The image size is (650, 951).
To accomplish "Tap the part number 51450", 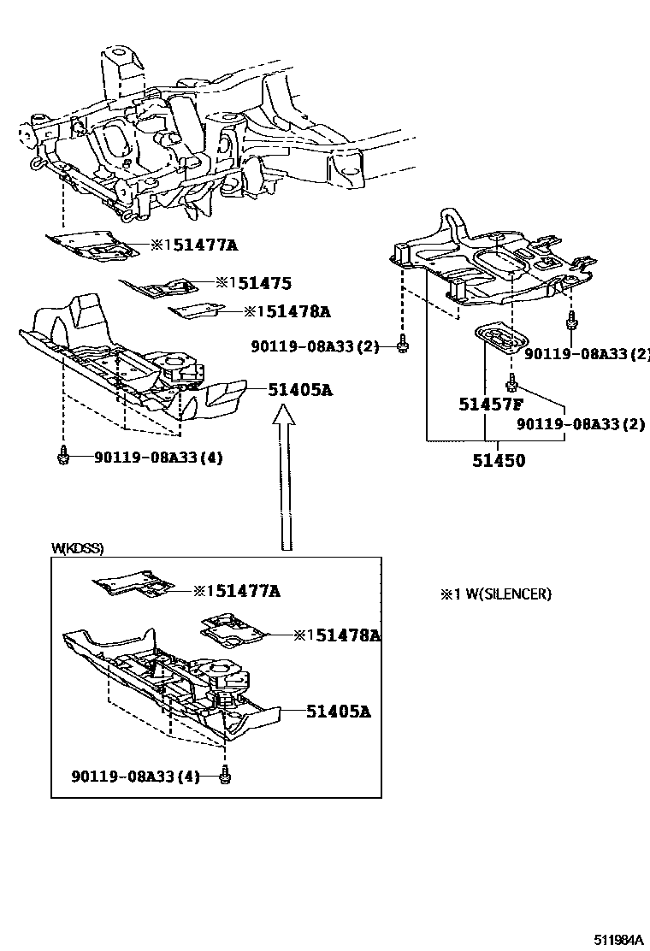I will (x=499, y=460).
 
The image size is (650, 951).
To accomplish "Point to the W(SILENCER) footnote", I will (x=495, y=594).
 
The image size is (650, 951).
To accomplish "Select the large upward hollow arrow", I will (x=286, y=478).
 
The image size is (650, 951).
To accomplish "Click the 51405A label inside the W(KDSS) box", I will (x=338, y=711).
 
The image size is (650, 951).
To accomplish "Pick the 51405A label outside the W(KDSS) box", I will (x=299, y=390).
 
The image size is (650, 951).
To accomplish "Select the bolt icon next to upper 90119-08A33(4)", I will (x=62, y=459).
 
